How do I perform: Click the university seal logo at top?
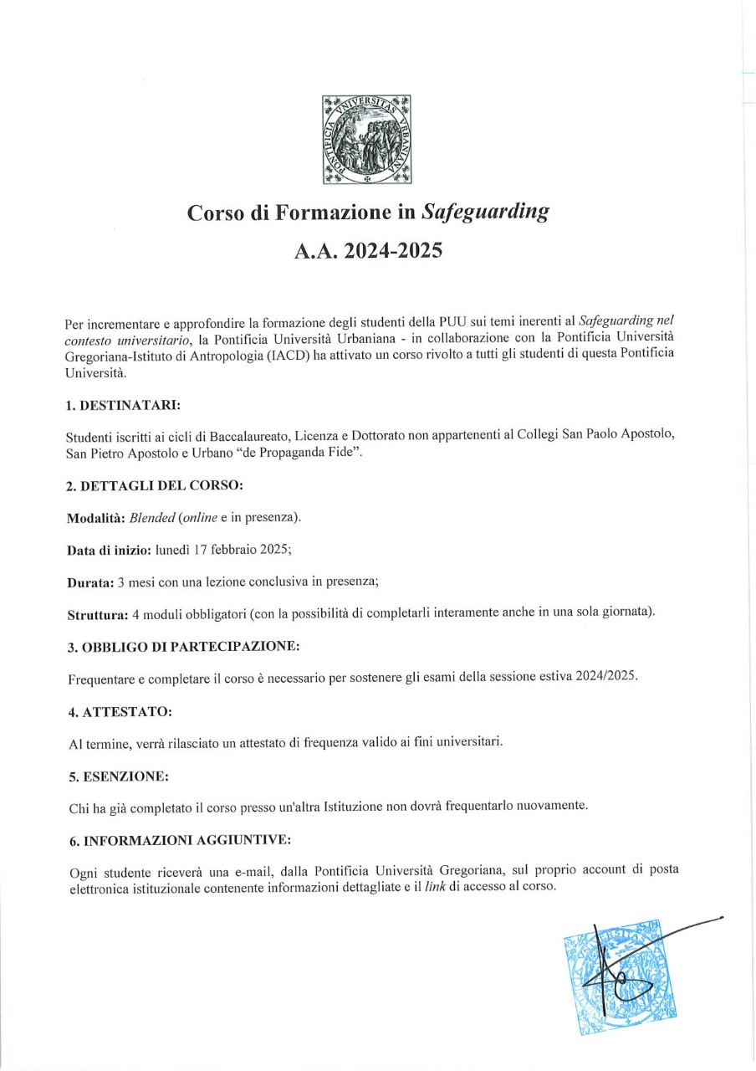pos(367,140)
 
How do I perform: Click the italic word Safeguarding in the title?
pos(485,213)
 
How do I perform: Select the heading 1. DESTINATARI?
pos(123,406)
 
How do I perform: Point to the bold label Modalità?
pos(95,518)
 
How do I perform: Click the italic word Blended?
pos(140,518)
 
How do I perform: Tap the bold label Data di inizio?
pos(103,551)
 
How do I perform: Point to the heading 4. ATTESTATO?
pos(120,711)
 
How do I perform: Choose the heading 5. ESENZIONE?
pos(119,776)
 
